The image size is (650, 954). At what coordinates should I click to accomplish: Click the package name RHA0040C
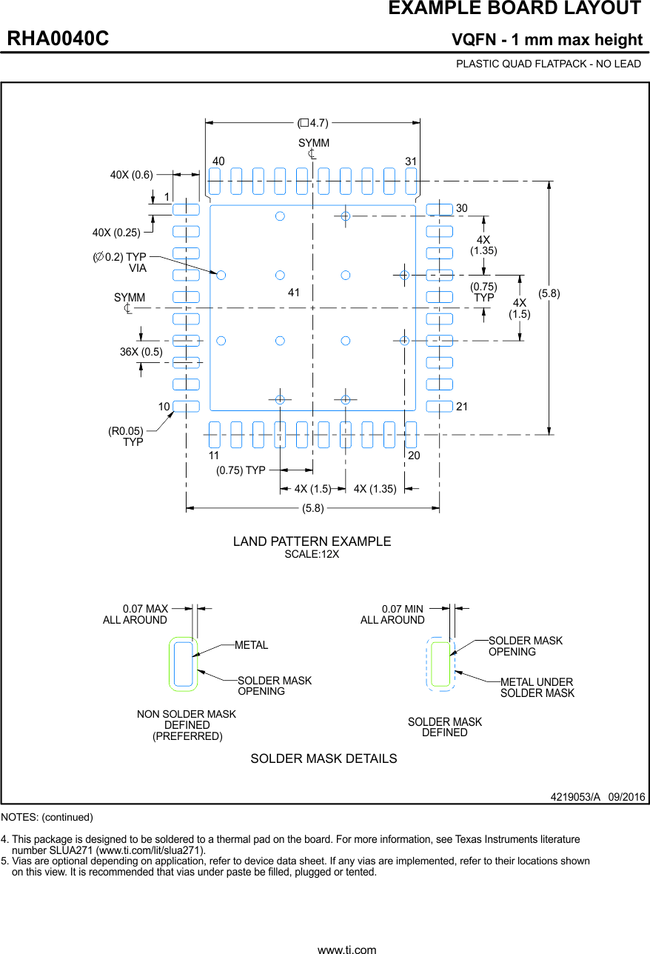pos(58,39)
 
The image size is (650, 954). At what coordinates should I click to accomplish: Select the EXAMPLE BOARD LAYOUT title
pos(514,9)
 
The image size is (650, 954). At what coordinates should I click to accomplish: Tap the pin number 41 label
pos(294,293)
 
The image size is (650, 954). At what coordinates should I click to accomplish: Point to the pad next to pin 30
pos(439,210)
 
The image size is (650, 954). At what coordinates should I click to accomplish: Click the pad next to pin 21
pos(439,406)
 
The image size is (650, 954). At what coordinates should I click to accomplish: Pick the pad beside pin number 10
pos(186,406)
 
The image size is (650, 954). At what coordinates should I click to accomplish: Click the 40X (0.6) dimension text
pos(131,175)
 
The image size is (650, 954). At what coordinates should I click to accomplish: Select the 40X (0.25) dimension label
pos(116,232)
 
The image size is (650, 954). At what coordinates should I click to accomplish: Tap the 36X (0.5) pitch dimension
pos(141,352)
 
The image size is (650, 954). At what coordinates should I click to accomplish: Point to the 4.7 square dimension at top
pos(313,123)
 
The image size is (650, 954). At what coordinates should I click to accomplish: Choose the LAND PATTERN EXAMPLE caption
pos(312,541)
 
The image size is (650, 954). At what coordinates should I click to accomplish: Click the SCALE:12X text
pos(312,555)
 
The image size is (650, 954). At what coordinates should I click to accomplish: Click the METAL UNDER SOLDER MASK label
pos(537,687)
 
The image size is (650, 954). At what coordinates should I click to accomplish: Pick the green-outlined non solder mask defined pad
pos(184,664)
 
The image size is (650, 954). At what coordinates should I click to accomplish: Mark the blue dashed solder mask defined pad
pos(441,664)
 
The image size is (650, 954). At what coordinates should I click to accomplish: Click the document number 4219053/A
pos(574,797)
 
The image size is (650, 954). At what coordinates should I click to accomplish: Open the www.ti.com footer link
pos(346,949)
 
